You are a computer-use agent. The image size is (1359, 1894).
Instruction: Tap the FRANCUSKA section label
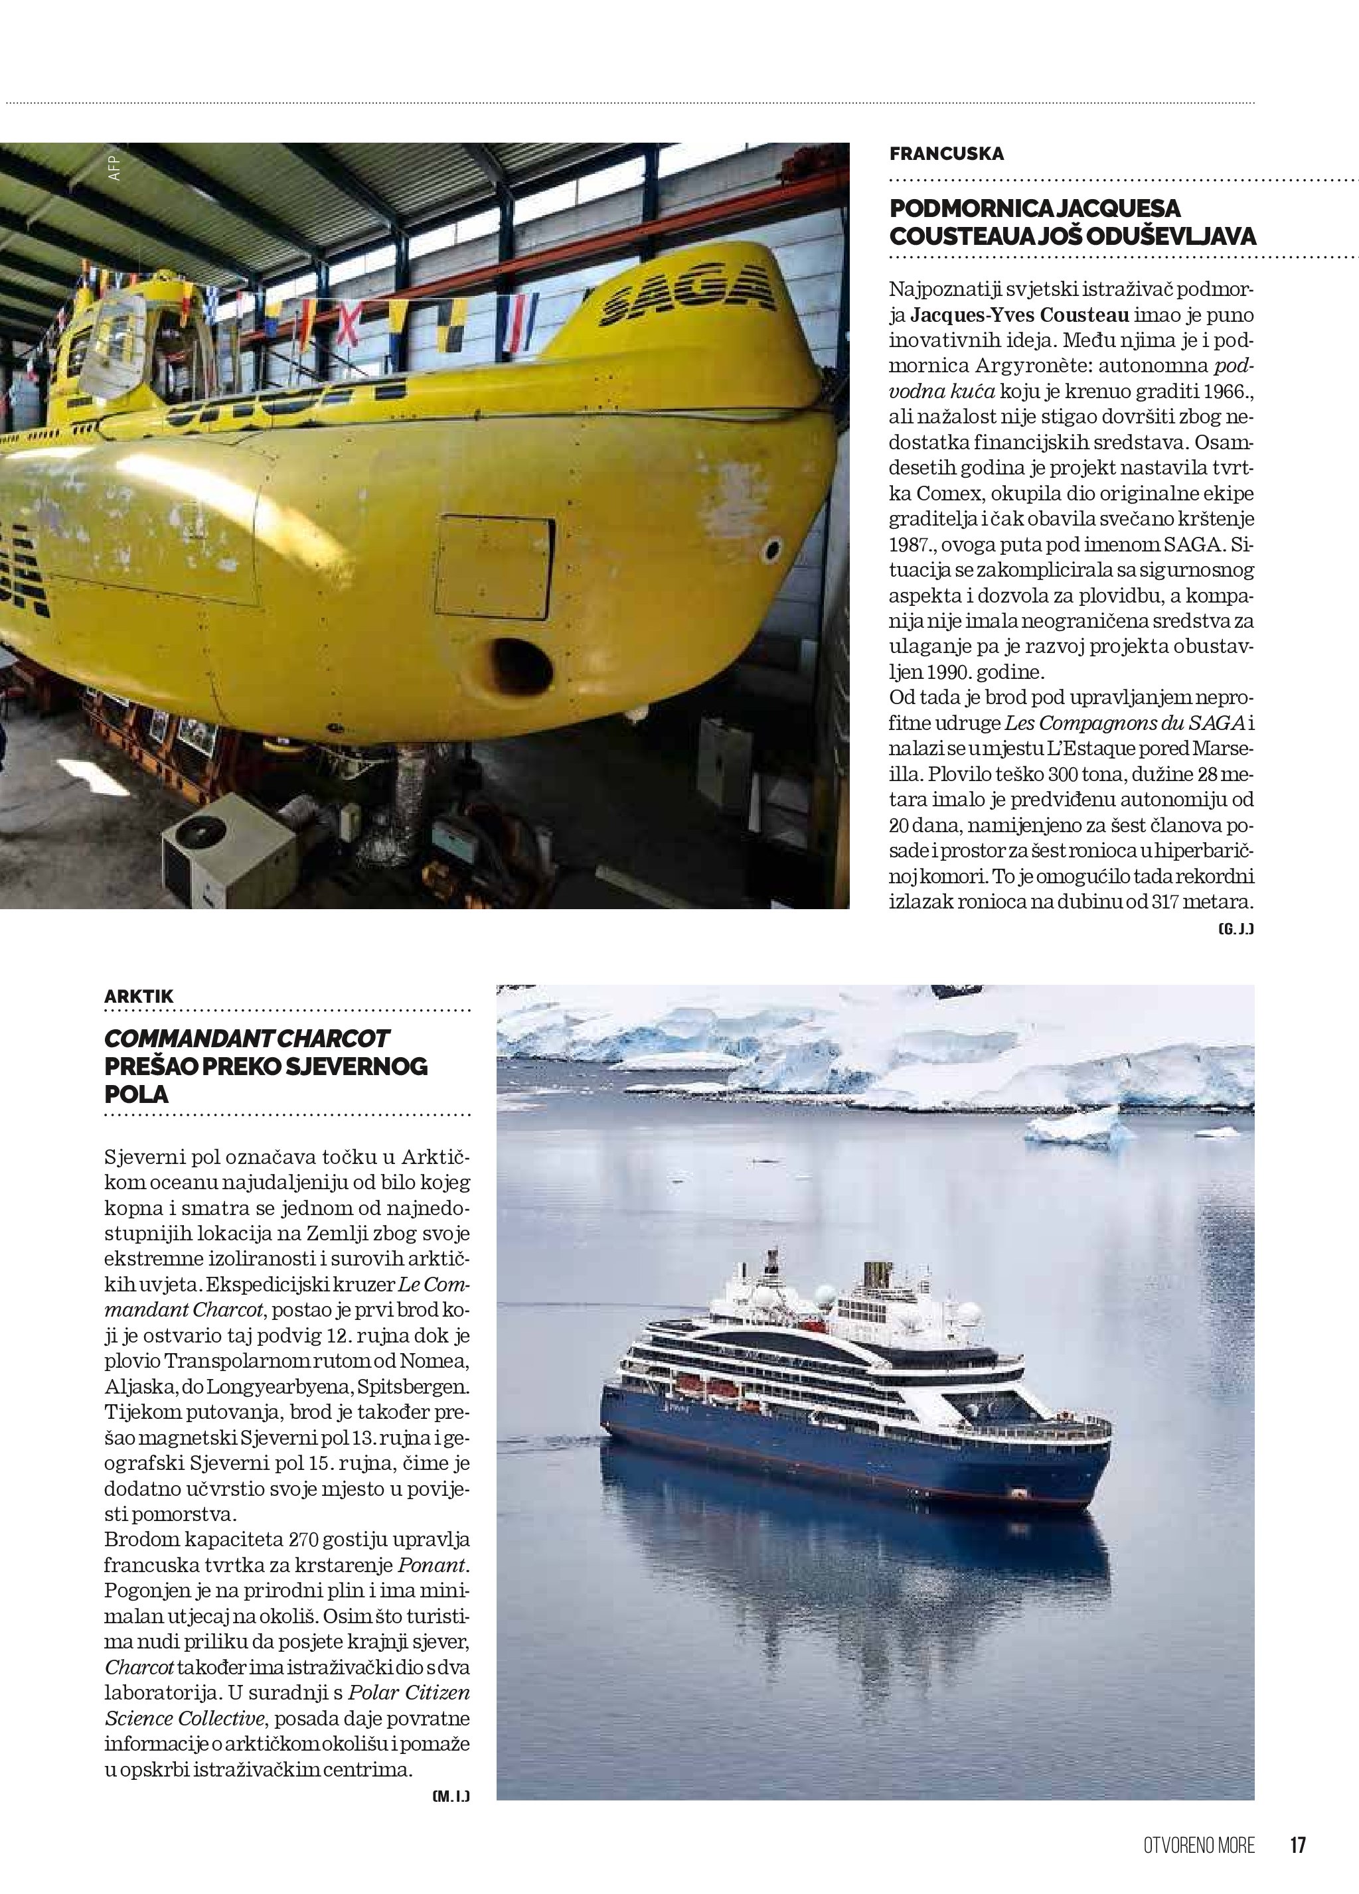pyautogui.click(x=946, y=154)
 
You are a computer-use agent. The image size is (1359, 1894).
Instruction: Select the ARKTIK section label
pyautogui.click(x=139, y=996)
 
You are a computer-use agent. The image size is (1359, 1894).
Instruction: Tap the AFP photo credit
pyautogui.click(x=114, y=168)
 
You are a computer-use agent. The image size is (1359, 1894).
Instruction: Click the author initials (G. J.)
pyautogui.click(x=1236, y=928)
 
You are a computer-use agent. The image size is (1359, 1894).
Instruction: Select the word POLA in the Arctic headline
pyautogui.click(x=136, y=1094)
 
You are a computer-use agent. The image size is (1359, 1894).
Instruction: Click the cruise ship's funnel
pyautogui.click(x=874, y=1276)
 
